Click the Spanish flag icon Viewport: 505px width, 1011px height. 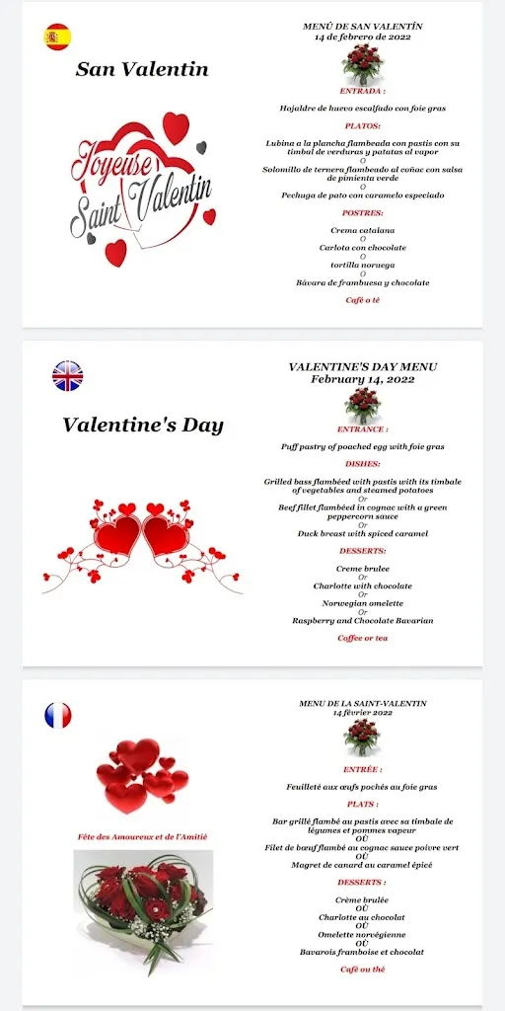(57, 38)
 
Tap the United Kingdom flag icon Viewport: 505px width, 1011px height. (67, 376)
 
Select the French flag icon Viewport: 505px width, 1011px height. (58, 715)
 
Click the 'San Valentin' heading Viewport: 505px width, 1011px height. (142, 69)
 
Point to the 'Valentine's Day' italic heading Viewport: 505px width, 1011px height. (143, 426)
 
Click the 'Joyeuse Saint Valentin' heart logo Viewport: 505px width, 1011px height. (141, 189)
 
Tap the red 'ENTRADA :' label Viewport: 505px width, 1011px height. (362, 90)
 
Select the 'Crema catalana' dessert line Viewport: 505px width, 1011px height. (362, 230)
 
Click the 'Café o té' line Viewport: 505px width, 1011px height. (362, 300)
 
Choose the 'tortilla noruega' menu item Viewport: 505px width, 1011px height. (362, 266)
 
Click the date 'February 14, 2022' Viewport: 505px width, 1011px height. (362, 378)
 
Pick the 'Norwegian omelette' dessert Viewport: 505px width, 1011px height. (362, 603)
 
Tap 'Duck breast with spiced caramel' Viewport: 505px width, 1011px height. (362, 533)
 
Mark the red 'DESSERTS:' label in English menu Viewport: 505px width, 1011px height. (362, 551)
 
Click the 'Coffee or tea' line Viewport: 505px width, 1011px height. (362, 638)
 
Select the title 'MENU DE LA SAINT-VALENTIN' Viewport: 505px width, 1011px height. (362, 703)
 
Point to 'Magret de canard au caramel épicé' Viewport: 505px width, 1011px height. (362, 865)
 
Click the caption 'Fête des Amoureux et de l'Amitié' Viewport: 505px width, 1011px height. (143, 837)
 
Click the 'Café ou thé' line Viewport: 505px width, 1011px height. (362, 971)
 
